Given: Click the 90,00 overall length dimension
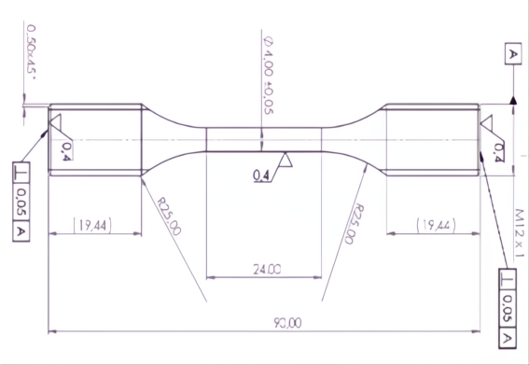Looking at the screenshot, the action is (x=287, y=323).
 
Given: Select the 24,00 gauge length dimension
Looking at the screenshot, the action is (x=267, y=270).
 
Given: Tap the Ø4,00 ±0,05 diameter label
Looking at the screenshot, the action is (x=269, y=76).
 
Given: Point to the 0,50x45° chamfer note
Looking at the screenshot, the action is (x=32, y=52).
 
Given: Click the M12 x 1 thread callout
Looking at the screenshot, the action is (x=520, y=233).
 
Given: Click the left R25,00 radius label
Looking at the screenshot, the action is (x=170, y=216).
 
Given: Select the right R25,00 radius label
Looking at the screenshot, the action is (x=354, y=224).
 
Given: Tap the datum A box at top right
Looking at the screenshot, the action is (x=513, y=54).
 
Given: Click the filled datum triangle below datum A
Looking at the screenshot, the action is (x=513, y=100).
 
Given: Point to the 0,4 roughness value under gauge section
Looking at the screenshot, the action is (x=261, y=175).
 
